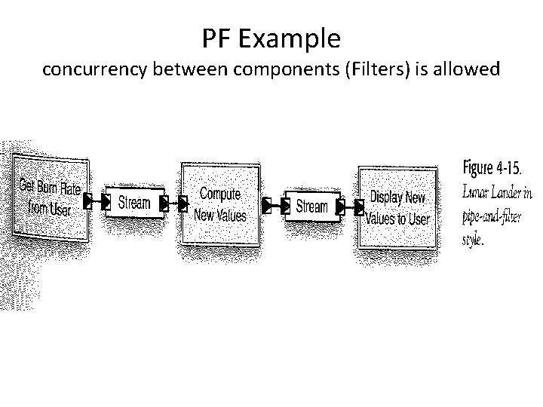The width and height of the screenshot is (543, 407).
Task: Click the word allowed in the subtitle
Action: pyautogui.click(x=465, y=70)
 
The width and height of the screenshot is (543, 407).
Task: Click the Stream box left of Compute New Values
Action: pyautogui.click(x=133, y=203)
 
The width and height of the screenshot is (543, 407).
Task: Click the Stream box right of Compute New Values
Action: pyautogui.click(x=311, y=205)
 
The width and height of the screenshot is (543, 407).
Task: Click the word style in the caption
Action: pyautogui.click(x=473, y=241)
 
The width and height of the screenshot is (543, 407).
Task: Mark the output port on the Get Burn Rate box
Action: pyautogui.click(x=87, y=201)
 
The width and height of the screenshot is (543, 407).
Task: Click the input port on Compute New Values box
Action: pyautogui.click(x=183, y=203)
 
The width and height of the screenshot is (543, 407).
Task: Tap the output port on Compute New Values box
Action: pyautogui.click(x=265, y=204)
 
